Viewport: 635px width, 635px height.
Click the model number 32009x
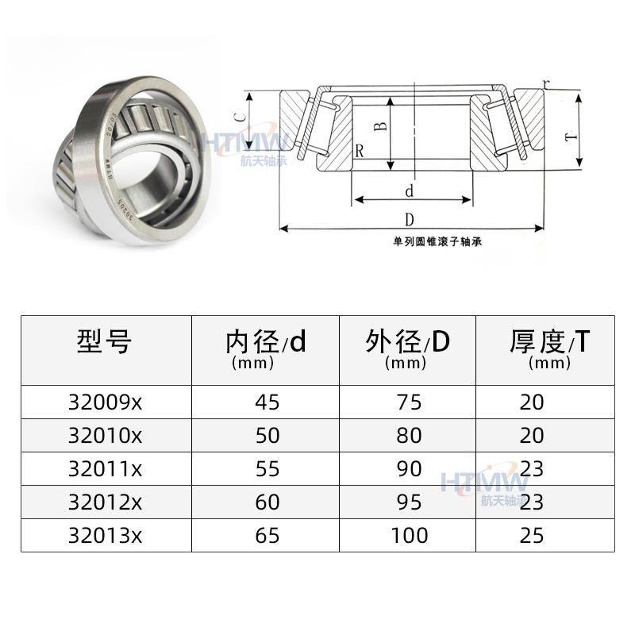coord(106,402)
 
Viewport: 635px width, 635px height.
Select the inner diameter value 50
coord(268,436)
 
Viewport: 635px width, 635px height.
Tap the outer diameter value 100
coord(409,536)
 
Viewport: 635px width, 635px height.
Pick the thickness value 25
coord(532,536)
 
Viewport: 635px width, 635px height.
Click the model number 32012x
coord(106,502)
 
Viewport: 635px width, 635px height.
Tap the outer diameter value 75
coord(409,402)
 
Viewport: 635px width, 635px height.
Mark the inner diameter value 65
coord(268,536)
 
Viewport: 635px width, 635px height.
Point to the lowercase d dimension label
coord(410,191)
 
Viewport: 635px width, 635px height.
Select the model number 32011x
coord(106,469)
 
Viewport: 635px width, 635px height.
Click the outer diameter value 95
coord(409,502)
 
